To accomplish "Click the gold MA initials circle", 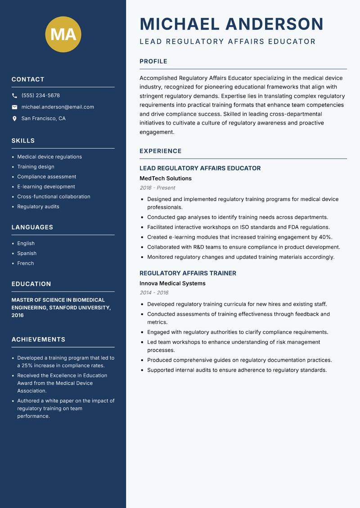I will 63,34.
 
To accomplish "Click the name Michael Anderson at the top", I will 231,24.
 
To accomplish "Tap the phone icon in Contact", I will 14,96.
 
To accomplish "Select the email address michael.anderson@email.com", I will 58,107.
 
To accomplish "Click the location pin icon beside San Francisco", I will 14,119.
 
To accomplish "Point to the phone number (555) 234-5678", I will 40,96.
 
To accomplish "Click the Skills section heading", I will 23,141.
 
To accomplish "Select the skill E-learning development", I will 46,187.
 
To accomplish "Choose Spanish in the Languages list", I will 27,253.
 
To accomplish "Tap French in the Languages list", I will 25,263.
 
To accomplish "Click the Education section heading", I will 31,284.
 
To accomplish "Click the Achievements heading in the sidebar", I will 38,339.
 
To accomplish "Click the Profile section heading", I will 153,62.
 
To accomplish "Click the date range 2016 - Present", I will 157,188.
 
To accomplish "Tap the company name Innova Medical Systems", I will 172,284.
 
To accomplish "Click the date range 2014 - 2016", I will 154,293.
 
